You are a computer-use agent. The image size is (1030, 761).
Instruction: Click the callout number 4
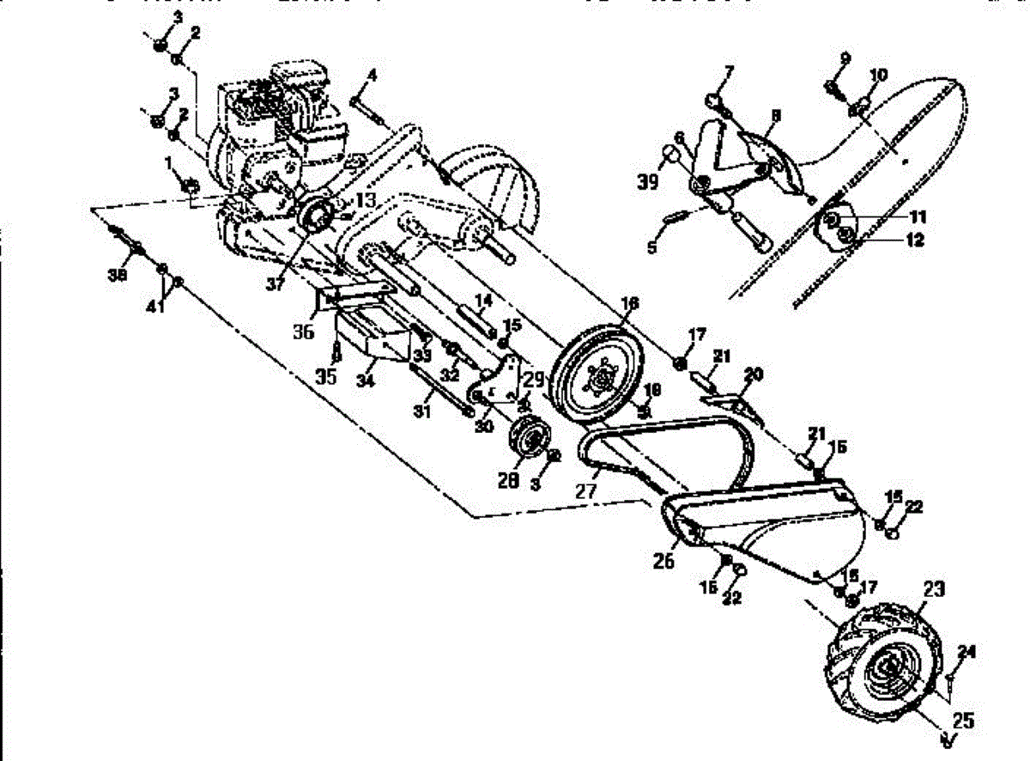pyautogui.click(x=371, y=76)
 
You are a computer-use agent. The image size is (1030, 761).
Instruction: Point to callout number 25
pyautogui.click(x=962, y=721)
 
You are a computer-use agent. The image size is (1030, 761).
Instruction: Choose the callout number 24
pyautogui.click(x=967, y=653)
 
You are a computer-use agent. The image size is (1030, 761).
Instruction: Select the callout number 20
pyautogui.click(x=754, y=374)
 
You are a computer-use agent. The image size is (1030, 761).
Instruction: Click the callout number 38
pyautogui.click(x=118, y=274)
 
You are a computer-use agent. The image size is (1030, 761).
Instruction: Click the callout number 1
pyautogui.click(x=168, y=161)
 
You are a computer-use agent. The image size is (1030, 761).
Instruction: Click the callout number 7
pyautogui.click(x=728, y=70)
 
